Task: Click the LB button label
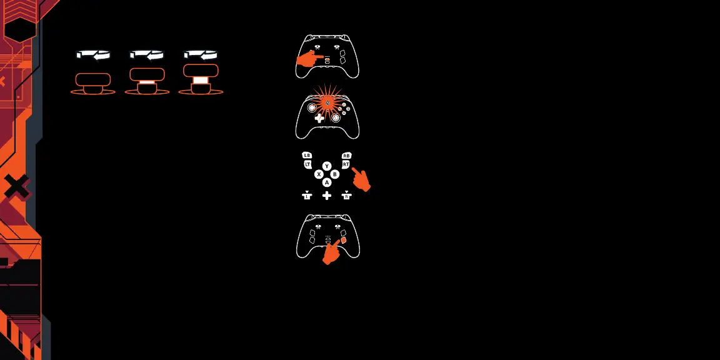(306, 155)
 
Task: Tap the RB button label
(347, 155)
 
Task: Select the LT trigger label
(307, 164)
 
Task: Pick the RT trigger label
(346, 164)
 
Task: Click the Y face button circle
(327, 166)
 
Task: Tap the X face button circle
(319, 174)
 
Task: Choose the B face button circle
(335, 174)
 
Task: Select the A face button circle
(327, 182)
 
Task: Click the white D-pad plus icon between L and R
(327, 196)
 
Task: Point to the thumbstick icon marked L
(307, 196)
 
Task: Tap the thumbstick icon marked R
(347, 196)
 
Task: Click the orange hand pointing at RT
(361, 179)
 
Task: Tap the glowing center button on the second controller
(327, 103)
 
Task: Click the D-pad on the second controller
(319, 117)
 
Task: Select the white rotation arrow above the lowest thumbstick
(93, 55)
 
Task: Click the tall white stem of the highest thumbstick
(200, 80)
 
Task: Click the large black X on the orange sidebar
(17, 187)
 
